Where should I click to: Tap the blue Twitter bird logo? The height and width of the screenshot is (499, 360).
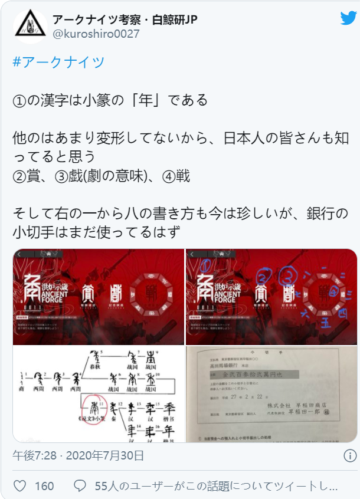pos(348,18)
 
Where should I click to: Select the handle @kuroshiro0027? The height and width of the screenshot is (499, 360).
pos(97,34)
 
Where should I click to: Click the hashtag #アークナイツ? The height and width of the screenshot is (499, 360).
pos(58,63)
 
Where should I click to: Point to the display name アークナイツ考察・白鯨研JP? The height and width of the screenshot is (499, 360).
pos(125,19)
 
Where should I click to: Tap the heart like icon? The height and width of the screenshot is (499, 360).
pos(21,485)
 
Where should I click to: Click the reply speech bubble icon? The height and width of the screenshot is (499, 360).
pos(80,485)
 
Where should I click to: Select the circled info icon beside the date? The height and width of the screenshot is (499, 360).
pos(349,455)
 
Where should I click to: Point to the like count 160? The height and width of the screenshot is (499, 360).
pos(44,486)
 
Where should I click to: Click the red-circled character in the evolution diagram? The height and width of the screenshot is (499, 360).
pos(91,406)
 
